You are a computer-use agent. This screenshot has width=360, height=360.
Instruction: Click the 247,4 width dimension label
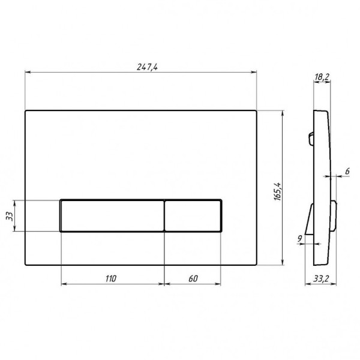147,67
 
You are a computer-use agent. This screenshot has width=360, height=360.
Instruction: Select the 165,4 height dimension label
278,191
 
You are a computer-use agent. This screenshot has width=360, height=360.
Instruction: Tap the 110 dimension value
111,279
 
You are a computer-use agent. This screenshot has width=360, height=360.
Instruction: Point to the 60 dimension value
193,279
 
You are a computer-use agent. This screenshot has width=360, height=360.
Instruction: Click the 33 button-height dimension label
10,216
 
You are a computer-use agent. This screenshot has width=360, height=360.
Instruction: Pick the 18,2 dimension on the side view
322,77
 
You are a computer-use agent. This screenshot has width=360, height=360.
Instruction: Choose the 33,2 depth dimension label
321,279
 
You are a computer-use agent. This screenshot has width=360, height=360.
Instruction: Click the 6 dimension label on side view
347,171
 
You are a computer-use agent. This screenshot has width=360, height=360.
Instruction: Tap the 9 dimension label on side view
299,239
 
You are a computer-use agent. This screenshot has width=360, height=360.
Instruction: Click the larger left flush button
112,216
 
